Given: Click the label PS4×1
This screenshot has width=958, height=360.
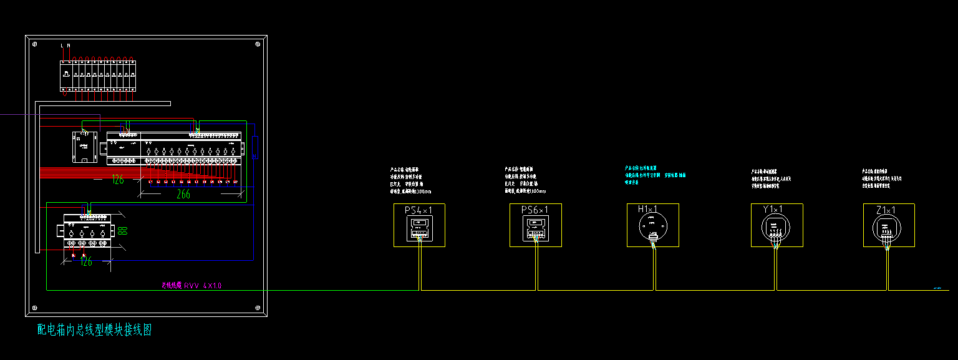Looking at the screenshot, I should pos(419,210).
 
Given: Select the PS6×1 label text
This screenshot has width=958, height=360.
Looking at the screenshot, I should pos(535,210).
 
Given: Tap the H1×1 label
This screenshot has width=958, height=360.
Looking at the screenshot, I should pos(649,209).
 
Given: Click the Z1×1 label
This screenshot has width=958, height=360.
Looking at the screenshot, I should pos(886,210).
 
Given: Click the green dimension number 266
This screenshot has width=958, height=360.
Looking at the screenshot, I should pos(183,194).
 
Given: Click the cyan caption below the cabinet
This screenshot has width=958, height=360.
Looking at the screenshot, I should pos(94,330).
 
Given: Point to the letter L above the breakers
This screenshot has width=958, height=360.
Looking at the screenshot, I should pos(62,46).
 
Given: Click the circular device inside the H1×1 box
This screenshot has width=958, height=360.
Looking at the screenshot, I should pos(652,226).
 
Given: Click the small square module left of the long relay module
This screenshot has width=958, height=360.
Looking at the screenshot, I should pos(84,147).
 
